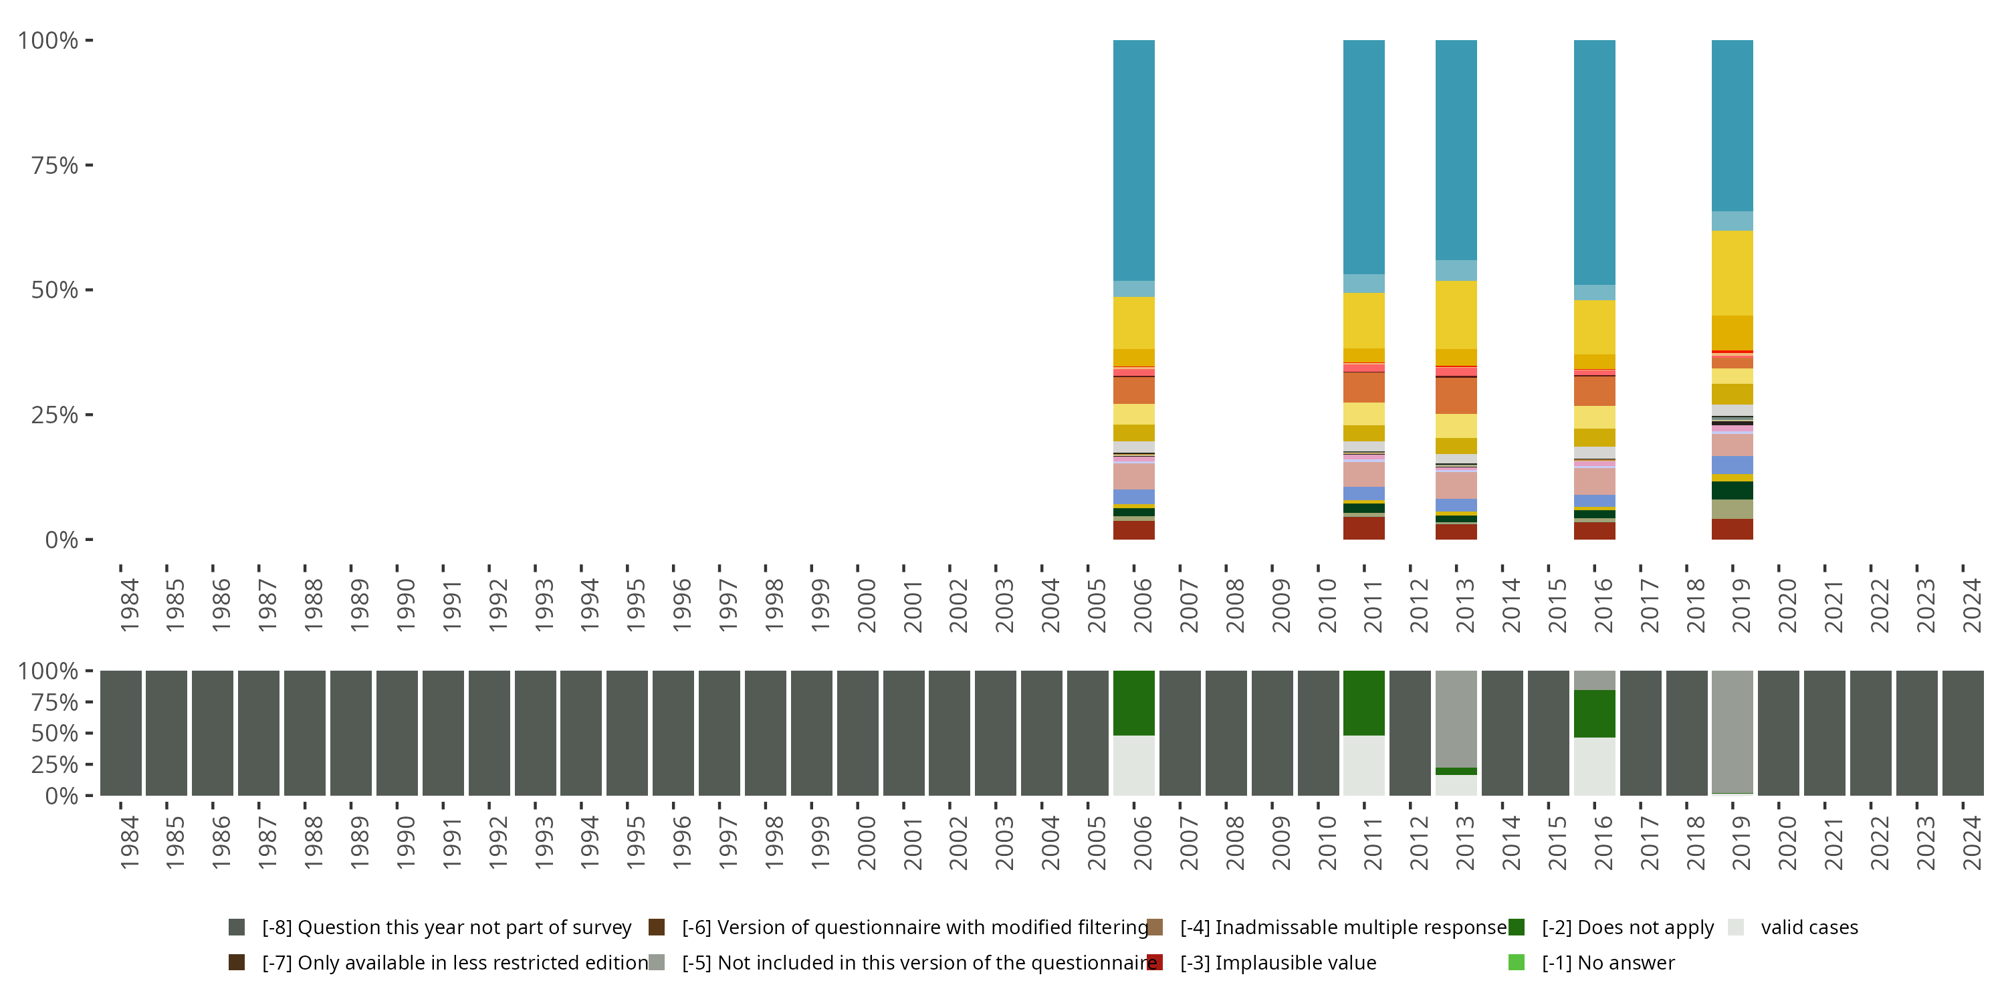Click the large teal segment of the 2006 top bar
(x=1134, y=160)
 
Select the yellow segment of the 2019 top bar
(x=1732, y=273)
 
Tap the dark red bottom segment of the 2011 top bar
(x=1363, y=528)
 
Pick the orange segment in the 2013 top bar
(x=1456, y=396)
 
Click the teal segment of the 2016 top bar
(x=1594, y=162)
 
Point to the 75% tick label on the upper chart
(x=55, y=165)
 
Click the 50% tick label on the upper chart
(x=55, y=290)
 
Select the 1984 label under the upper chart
(x=129, y=605)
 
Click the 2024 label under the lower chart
(x=1972, y=843)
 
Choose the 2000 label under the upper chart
(x=867, y=605)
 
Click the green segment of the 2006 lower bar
(x=1134, y=702)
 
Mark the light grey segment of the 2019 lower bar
(x=1732, y=730)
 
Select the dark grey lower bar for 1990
(x=397, y=733)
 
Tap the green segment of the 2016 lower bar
(x=1594, y=713)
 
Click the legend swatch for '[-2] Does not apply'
(x=1516, y=927)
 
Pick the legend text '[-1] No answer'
(x=1608, y=962)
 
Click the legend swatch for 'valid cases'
(x=1735, y=927)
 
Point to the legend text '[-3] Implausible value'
(x=1278, y=962)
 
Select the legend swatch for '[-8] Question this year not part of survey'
(x=237, y=927)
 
